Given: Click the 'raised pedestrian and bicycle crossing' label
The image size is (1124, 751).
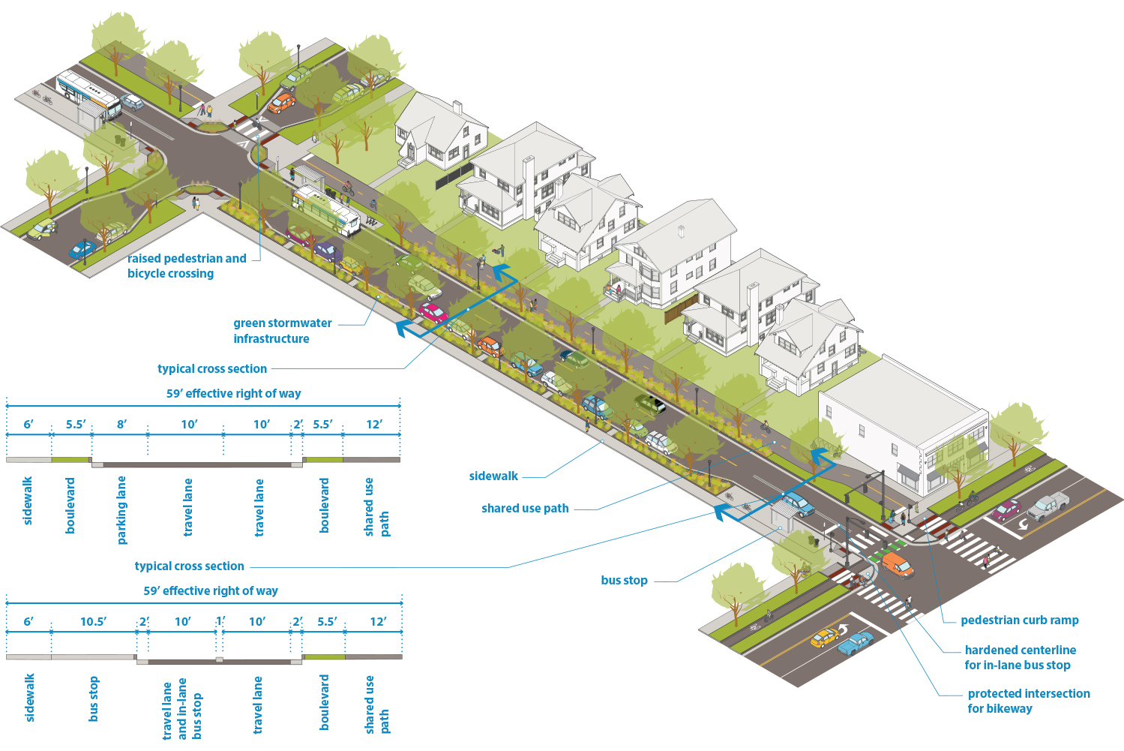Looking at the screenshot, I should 187,266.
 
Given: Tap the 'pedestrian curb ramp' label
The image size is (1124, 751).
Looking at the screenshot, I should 1019,620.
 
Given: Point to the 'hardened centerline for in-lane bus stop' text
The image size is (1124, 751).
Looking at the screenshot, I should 1020,657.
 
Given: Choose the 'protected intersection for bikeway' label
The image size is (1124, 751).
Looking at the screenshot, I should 1028,701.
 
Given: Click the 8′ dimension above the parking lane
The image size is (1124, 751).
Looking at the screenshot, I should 121,424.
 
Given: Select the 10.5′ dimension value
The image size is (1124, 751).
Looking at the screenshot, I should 93,621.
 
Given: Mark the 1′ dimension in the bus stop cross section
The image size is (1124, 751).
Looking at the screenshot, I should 220,621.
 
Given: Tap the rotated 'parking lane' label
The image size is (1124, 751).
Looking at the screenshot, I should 121,510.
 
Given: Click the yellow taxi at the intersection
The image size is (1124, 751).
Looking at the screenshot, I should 824,638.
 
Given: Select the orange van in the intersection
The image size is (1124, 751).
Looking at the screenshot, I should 897,564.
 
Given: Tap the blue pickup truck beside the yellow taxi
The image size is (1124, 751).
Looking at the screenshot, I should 855,643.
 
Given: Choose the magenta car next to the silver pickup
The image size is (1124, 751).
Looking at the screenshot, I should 1006,511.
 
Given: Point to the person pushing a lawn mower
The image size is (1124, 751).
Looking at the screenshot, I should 499,250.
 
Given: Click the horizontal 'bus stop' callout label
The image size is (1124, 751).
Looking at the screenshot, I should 624,580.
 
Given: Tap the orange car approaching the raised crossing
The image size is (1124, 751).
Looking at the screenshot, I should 281,103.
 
